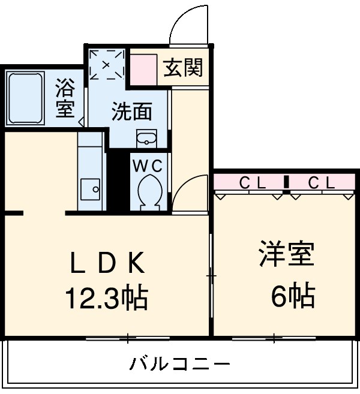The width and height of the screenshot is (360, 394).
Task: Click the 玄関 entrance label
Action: (183, 69)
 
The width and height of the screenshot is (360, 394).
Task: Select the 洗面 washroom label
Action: (131, 111)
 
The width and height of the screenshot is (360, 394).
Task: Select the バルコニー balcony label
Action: (179, 364)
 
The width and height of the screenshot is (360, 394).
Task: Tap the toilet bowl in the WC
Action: (148, 192)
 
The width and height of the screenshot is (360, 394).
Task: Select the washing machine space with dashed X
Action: (106, 65)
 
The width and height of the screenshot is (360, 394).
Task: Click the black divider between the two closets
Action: (287, 182)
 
